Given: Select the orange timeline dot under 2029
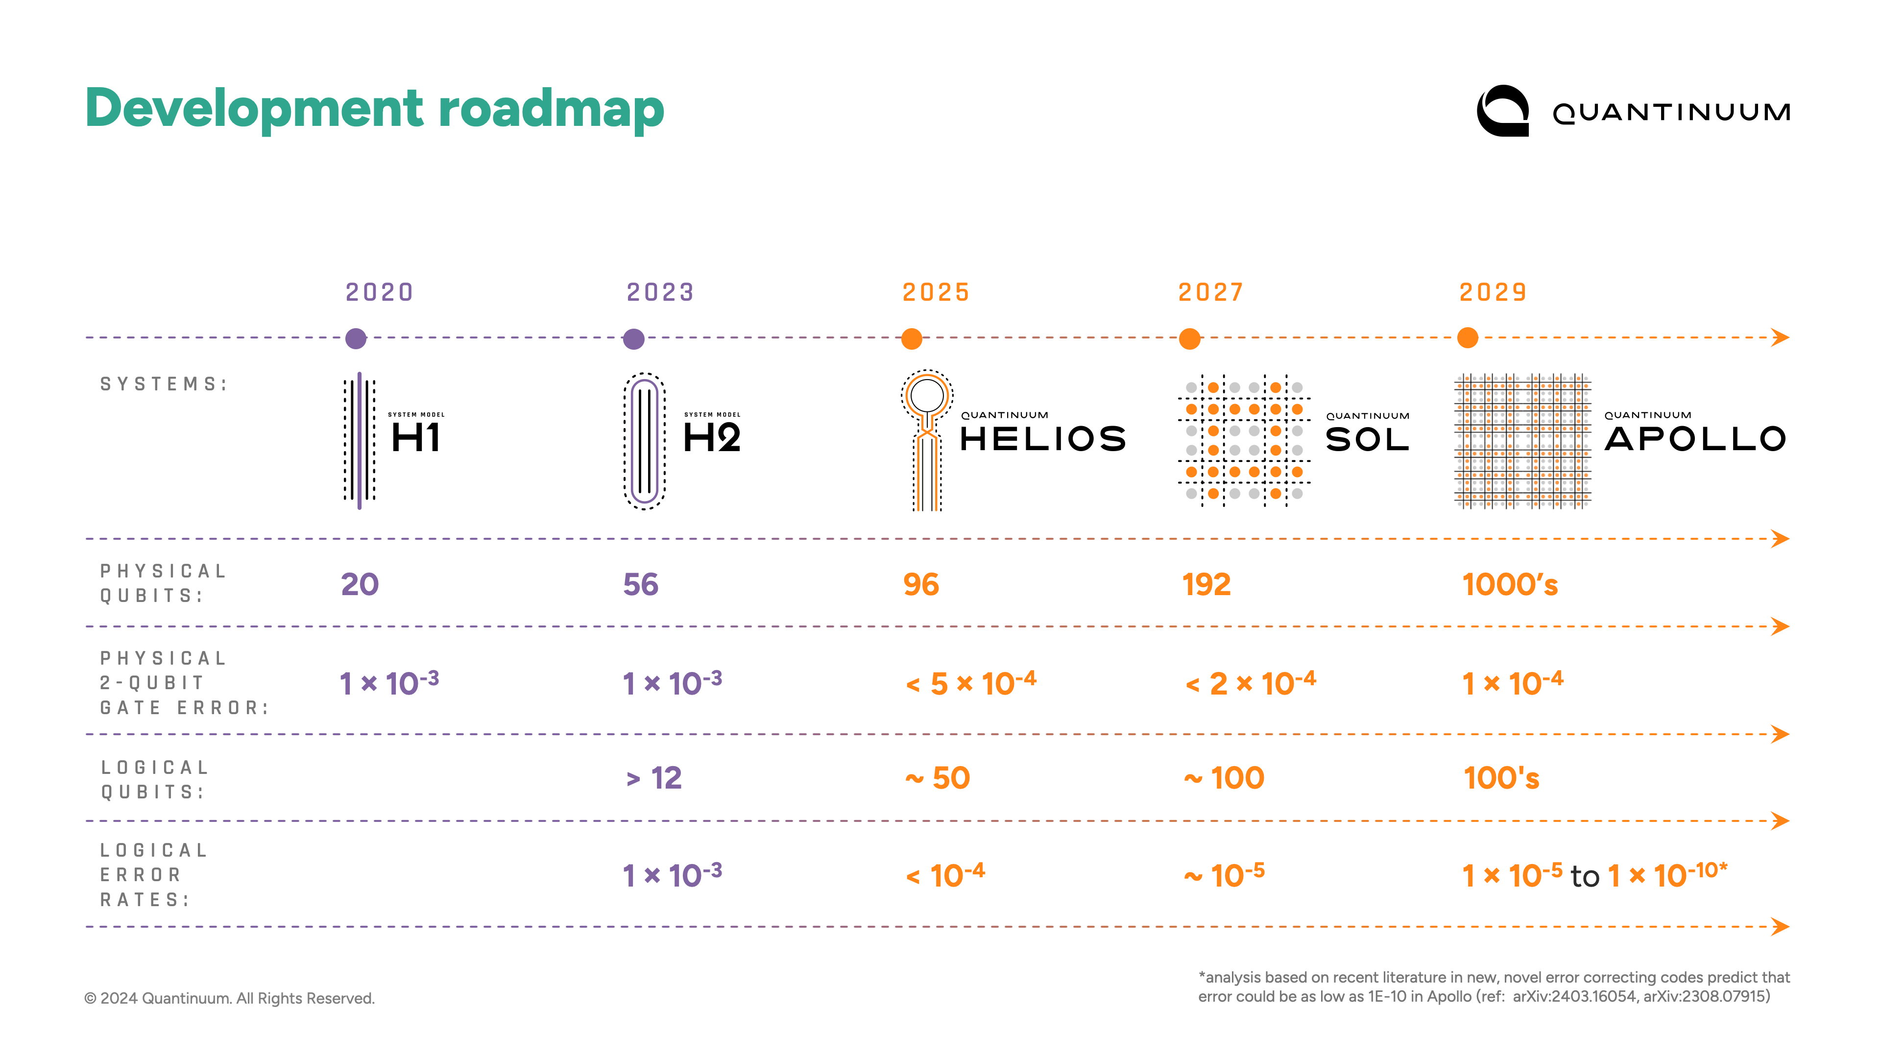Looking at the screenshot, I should (1467, 338).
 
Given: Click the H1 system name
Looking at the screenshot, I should (415, 437).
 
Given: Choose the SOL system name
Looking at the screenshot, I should (1367, 439).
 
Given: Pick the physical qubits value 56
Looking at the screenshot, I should (640, 584).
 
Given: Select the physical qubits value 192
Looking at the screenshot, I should (1206, 584).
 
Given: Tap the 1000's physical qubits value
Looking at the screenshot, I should (1509, 584).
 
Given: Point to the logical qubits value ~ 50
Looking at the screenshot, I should (937, 778).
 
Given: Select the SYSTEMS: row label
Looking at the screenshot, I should (164, 384).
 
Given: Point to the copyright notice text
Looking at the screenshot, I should (229, 998).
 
